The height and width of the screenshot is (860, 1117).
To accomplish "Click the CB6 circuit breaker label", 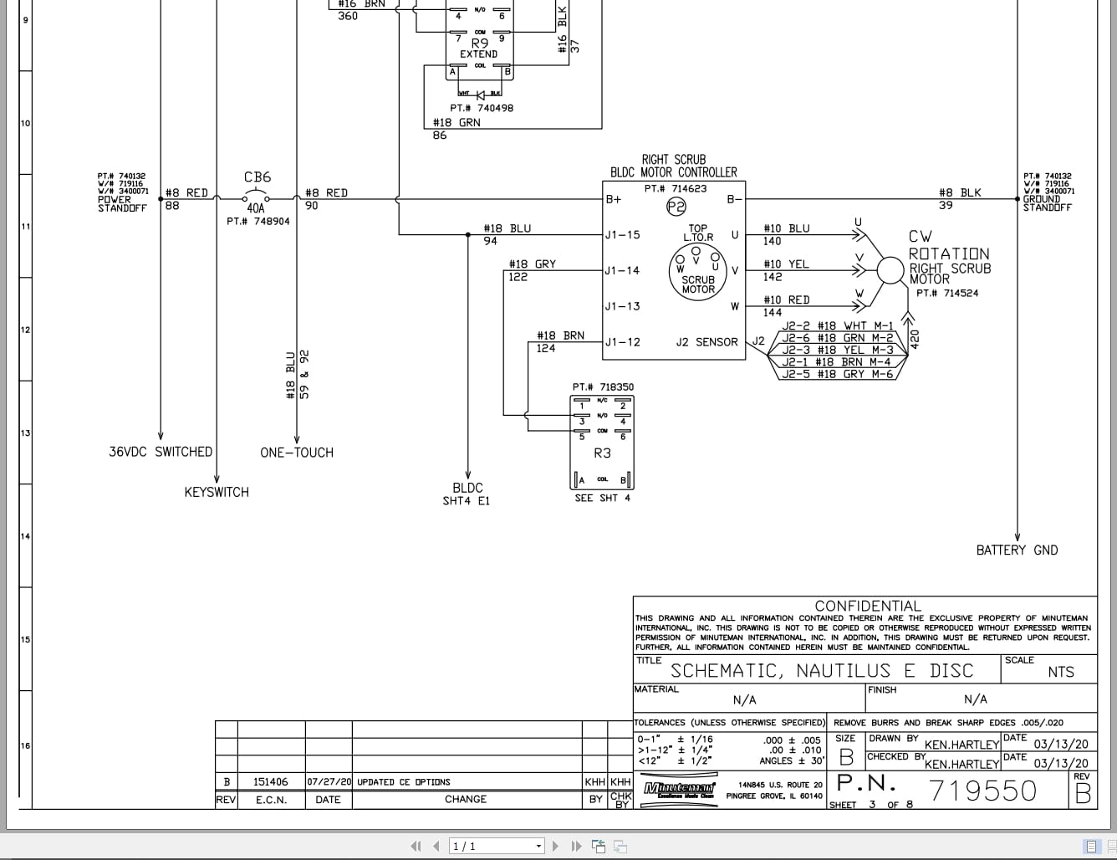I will (258, 177).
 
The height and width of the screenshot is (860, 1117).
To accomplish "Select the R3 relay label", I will (602, 453).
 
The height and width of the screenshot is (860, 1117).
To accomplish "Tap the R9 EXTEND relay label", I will (479, 48).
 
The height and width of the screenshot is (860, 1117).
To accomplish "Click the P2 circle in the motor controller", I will (676, 207).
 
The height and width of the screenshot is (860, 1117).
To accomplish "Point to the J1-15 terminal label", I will (622, 235).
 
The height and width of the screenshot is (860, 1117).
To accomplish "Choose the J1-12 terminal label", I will (622, 342).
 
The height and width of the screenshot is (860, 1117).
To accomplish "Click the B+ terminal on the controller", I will (614, 199).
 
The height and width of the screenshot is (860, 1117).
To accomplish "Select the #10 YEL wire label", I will (786, 264).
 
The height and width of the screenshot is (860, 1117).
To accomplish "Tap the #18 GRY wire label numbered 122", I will (533, 264).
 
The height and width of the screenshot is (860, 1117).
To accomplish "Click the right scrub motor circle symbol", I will (891, 270).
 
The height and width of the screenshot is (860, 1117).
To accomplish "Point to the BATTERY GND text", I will (1017, 550).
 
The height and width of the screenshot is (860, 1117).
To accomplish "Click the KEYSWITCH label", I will (217, 493).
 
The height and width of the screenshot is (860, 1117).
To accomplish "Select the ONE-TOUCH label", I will (297, 453).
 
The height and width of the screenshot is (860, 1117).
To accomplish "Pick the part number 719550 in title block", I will (982, 791).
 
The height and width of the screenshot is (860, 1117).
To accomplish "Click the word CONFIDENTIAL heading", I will (867, 606).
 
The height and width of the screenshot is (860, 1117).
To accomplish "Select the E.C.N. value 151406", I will (271, 782).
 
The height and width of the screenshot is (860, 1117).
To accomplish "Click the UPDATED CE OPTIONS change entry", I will (404, 782).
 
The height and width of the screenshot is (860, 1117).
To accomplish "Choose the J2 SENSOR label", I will (706, 342).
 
